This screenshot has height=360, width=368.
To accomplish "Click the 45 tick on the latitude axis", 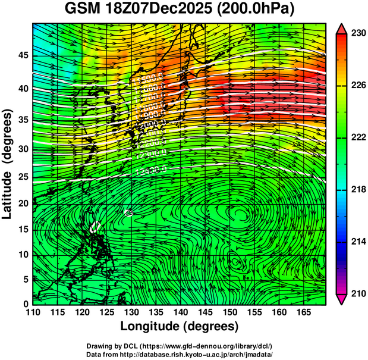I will [x=21, y=55].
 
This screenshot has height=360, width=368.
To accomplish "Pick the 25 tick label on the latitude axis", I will [x=21, y=177].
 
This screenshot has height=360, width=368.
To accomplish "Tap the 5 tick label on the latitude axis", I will [x=24, y=279].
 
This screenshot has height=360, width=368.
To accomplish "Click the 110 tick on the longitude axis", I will [x=32, y=312].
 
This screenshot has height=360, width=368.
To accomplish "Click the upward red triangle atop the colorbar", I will [x=342, y=28].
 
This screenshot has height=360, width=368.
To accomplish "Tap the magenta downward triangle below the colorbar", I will [x=342, y=299].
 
